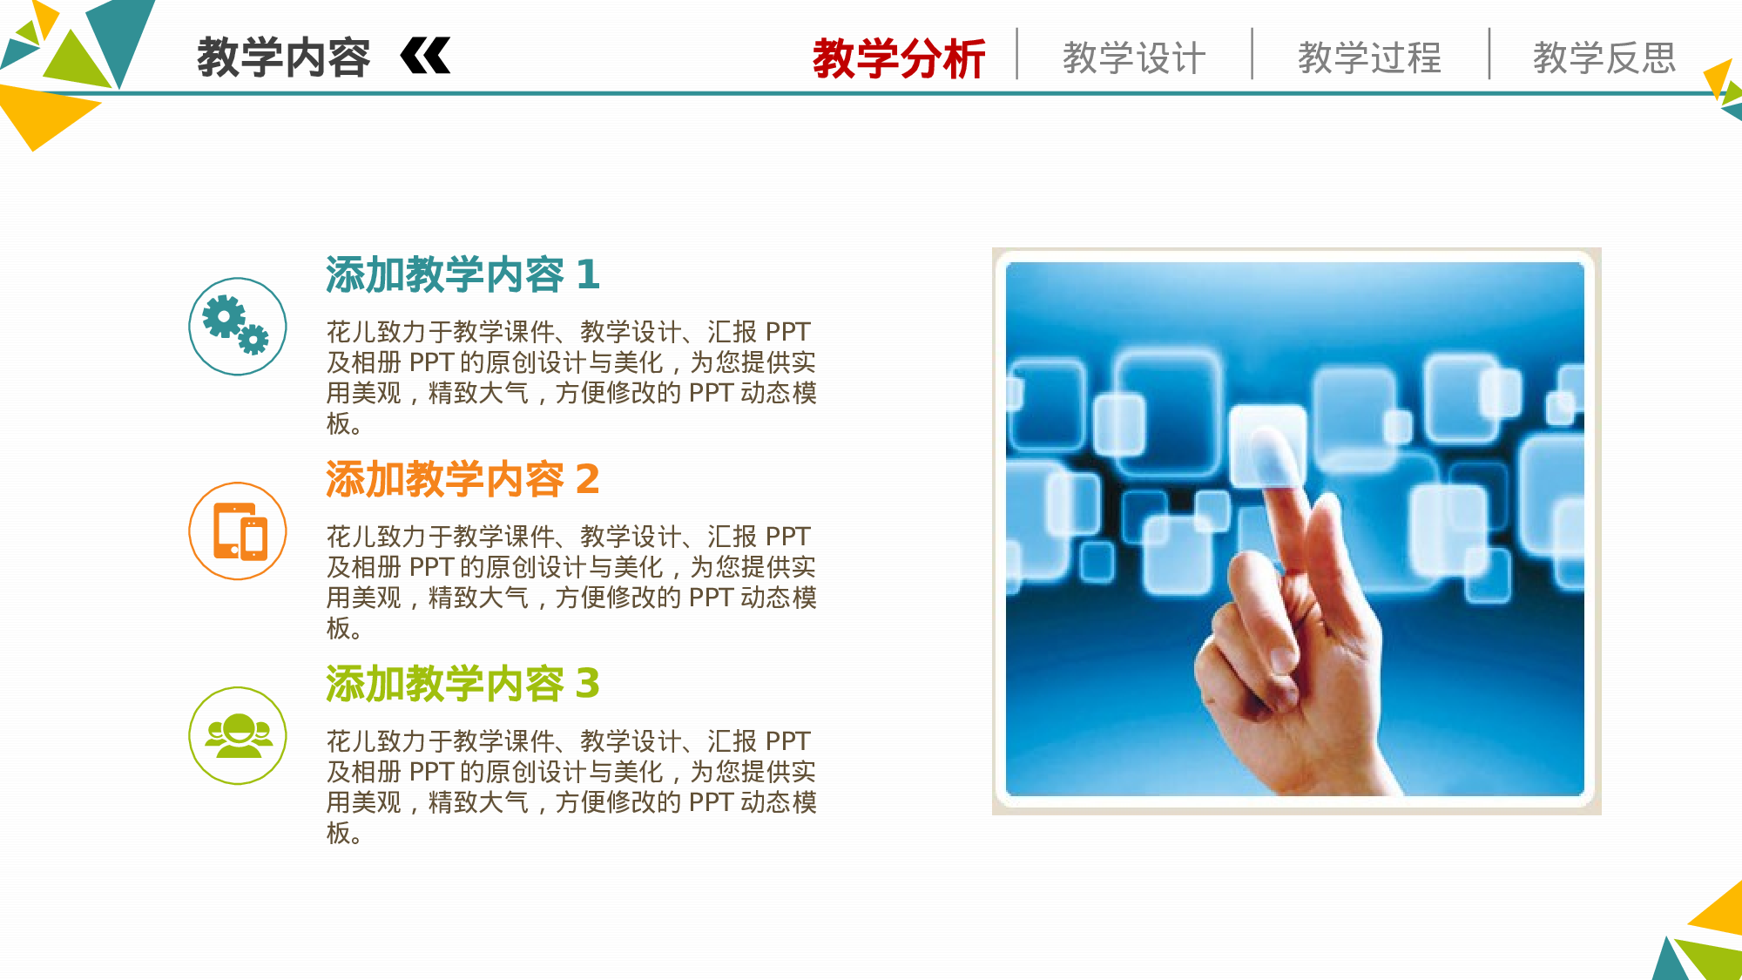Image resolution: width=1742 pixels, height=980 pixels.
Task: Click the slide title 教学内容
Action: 283,57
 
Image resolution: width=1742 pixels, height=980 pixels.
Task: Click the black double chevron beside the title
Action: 425,57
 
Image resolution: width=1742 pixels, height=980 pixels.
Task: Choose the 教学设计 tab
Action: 1134,58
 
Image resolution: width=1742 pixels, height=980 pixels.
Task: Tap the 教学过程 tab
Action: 1369,58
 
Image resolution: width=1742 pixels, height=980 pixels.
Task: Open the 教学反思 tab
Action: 1604,58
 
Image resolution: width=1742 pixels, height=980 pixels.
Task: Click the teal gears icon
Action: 237,326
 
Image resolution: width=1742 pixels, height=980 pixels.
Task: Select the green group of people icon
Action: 237,735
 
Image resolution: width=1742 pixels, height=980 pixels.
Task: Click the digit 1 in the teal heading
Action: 588,275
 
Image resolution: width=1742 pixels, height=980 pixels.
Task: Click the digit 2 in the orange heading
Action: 588,480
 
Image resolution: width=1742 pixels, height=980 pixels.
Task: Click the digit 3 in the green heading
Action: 588,684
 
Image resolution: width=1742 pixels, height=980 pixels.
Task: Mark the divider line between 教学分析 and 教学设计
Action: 1016,54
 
